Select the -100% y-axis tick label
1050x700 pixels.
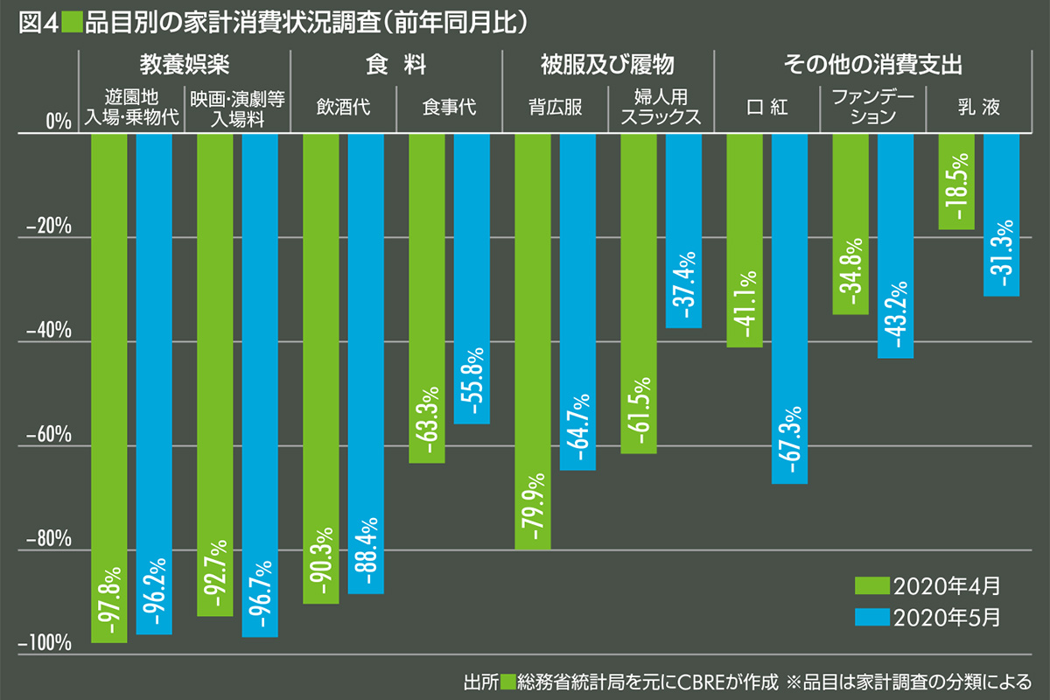pos(43,645)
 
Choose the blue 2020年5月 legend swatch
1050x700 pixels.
pos(871,617)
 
